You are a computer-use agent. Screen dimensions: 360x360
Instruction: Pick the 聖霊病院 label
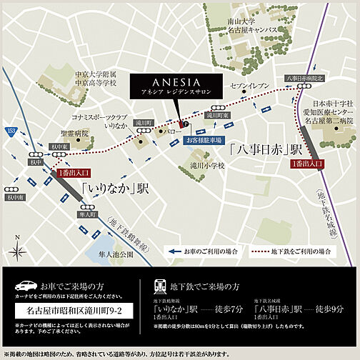point(74,134)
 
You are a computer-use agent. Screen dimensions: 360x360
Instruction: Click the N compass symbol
point(16,243)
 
